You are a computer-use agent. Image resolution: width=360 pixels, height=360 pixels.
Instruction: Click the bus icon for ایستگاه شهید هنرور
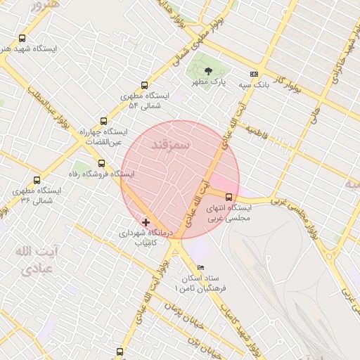pyautogui.click(x=22, y=39)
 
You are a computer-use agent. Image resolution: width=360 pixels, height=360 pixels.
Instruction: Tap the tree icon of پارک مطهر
pyautogui.click(x=208, y=71)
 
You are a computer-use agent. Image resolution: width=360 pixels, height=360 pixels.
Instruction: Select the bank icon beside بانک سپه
pyautogui.click(x=253, y=74)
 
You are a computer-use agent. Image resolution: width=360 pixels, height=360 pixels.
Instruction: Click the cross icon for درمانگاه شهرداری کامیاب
pyautogui.click(x=146, y=222)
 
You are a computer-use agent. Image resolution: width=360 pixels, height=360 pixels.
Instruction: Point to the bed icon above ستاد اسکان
pyautogui.click(x=200, y=267)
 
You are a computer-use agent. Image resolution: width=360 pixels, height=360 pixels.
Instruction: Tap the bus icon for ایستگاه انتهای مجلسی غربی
pyautogui.click(x=229, y=197)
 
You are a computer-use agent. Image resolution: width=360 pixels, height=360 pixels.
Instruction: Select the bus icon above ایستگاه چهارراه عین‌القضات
pyautogui.click(x=104, y=121)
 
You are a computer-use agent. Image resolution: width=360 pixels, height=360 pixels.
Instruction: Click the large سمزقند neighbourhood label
pyautogui.click(x=171, y=143)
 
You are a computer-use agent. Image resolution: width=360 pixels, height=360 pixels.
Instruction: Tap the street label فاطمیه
pyautogui.click(x=257, y=131)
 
